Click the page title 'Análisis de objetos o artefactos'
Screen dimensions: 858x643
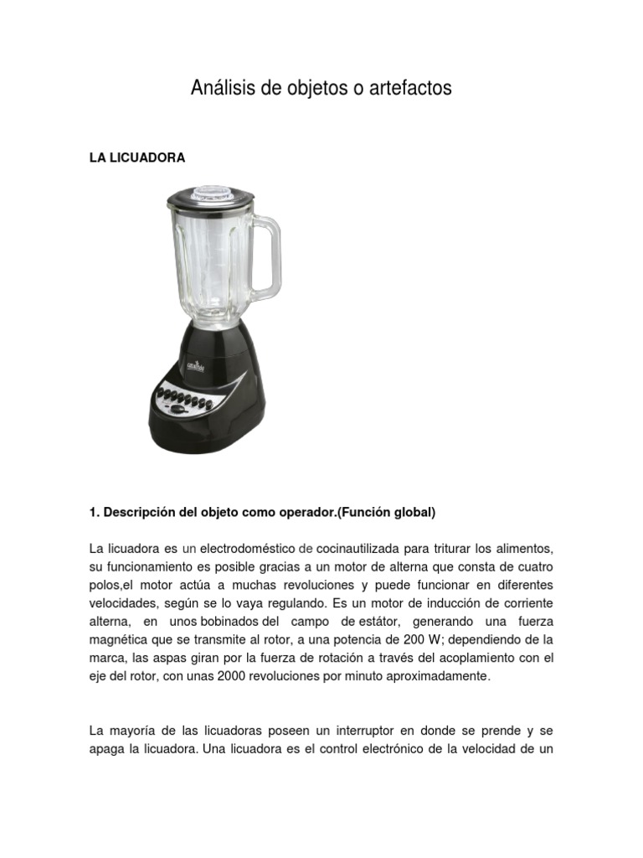pos(321,87)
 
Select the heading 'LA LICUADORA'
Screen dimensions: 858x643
pos(137,158)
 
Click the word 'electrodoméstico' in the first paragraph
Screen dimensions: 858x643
pos(247,549)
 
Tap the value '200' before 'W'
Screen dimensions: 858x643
pos(414,640)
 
